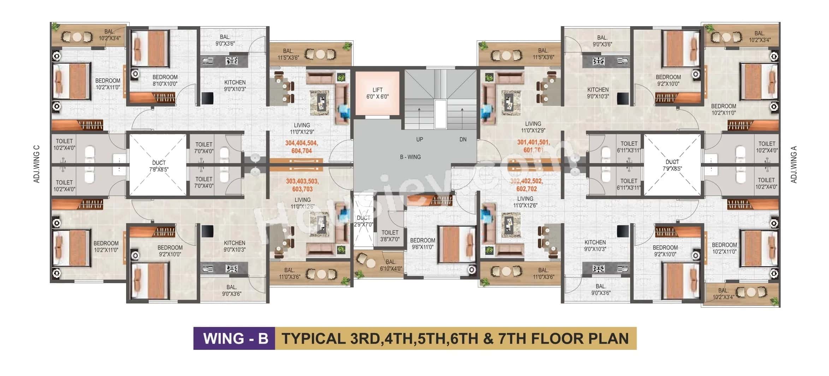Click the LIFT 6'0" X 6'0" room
point(377,93)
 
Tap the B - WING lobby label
point(410,157)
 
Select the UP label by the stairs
point(419,139)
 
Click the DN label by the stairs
point(463,139)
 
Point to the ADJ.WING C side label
point(37,164)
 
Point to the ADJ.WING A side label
point(794,165)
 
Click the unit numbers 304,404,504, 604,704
point(301,147)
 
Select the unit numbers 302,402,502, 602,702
point(526,185)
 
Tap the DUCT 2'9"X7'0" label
point(363,221)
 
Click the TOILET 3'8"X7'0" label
point(390,236)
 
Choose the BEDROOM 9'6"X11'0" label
point(422,244)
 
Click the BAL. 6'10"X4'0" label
point(391,265)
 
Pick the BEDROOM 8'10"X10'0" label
point(165,80)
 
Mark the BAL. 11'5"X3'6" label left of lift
point(288,54)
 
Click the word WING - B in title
point(235,338)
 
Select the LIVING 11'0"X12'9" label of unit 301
point(533,127)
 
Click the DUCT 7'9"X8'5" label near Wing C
point(159,166)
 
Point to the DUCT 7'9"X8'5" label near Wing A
point(672,165)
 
